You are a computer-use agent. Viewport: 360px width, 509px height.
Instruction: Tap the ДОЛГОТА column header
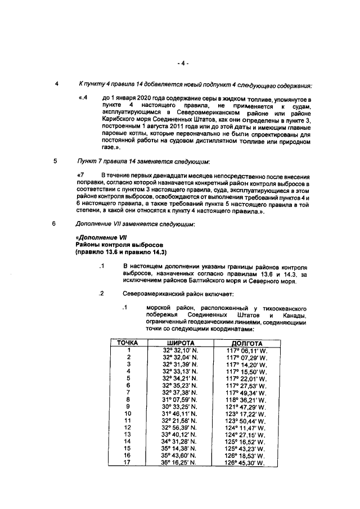[x=246, y=343]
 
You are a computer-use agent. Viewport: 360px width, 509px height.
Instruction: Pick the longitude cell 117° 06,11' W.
[x=246, y=350]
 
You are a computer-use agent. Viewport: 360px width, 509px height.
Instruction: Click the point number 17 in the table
[x=128, y=463]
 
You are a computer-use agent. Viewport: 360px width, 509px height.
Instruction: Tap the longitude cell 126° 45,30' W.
[x=246, y=463]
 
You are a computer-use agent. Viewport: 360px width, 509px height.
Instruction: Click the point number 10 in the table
[x=128, y=413]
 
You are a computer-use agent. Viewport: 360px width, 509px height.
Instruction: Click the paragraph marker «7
[x=80, y=176]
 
